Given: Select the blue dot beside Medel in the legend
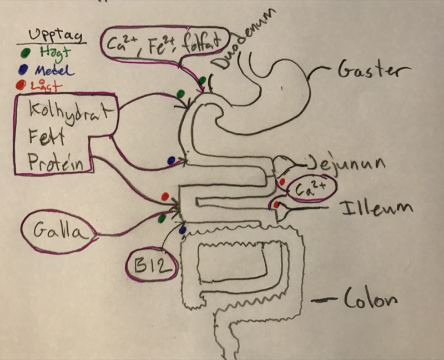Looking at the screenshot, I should tap(22, 71).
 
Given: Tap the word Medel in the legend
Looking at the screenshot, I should tap(54, 71).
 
